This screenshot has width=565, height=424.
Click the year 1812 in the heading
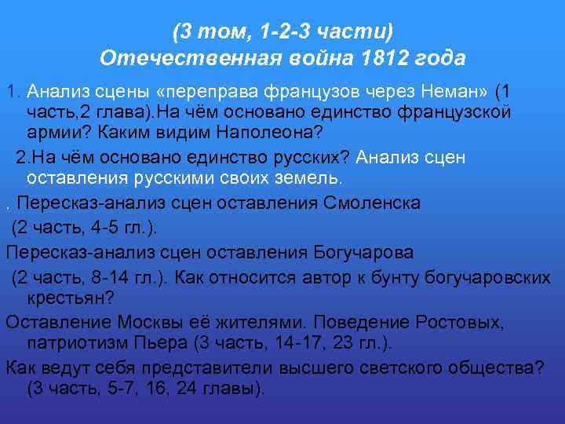(x=392, y=58)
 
